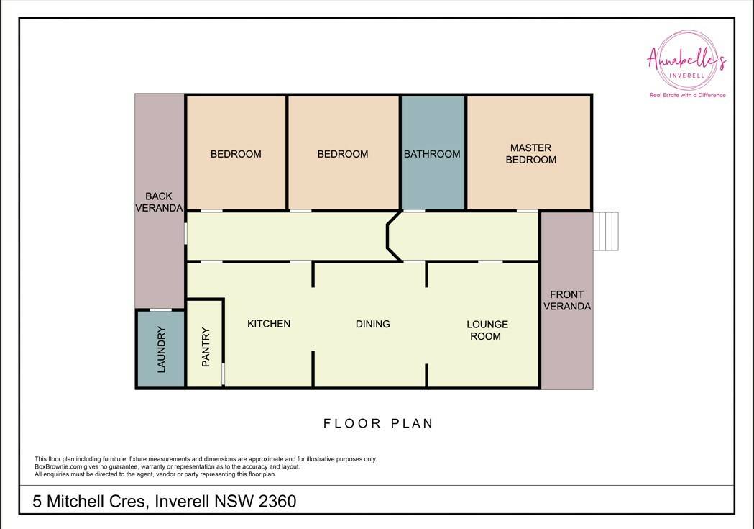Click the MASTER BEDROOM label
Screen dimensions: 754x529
531,153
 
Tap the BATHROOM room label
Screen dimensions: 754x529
432,154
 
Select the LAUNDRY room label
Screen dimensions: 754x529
161,350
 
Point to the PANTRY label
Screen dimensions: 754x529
206,347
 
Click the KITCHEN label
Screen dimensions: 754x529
269,324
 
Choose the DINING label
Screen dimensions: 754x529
372,324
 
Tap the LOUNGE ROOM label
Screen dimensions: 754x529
487,330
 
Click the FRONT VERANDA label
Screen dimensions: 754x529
567,300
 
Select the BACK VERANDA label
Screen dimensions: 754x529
159,202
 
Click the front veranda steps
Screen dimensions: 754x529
606,231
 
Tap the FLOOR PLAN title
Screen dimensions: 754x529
379,424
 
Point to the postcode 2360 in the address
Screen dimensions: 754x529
277,502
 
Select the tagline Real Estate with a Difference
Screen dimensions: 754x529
688,95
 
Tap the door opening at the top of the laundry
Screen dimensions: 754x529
160,310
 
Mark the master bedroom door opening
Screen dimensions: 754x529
528,211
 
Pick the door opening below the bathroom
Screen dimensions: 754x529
414,211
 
